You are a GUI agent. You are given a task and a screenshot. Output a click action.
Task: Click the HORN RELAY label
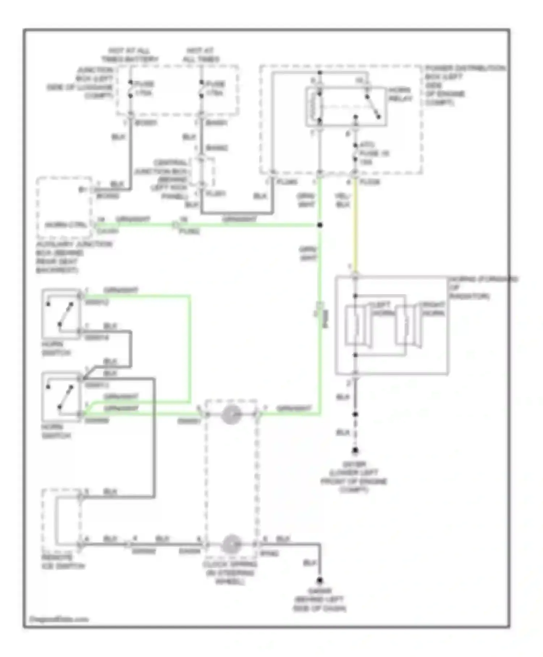click(400, 94)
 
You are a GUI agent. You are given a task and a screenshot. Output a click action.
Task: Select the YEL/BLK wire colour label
click(342, 200)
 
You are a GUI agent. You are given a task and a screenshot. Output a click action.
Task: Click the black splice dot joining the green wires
click(320, 225)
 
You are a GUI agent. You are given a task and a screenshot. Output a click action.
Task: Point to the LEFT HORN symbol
click(357, 326)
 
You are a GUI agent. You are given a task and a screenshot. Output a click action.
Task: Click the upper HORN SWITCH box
click(61, 314)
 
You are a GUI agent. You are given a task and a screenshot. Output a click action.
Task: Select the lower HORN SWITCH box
click(61, 397)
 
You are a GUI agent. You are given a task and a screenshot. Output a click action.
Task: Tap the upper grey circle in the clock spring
click(231, 415)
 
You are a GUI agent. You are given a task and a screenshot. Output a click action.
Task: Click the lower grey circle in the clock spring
click(231, 544)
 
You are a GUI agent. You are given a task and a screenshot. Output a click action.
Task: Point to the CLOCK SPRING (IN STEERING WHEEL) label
click(231, 573)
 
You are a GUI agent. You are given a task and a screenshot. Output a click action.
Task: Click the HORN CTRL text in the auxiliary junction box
click(66, 225)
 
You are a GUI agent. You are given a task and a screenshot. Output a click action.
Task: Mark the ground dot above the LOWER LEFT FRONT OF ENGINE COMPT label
click(355, 451)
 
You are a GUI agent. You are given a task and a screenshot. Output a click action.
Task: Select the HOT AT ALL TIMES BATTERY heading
click(130, 55)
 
